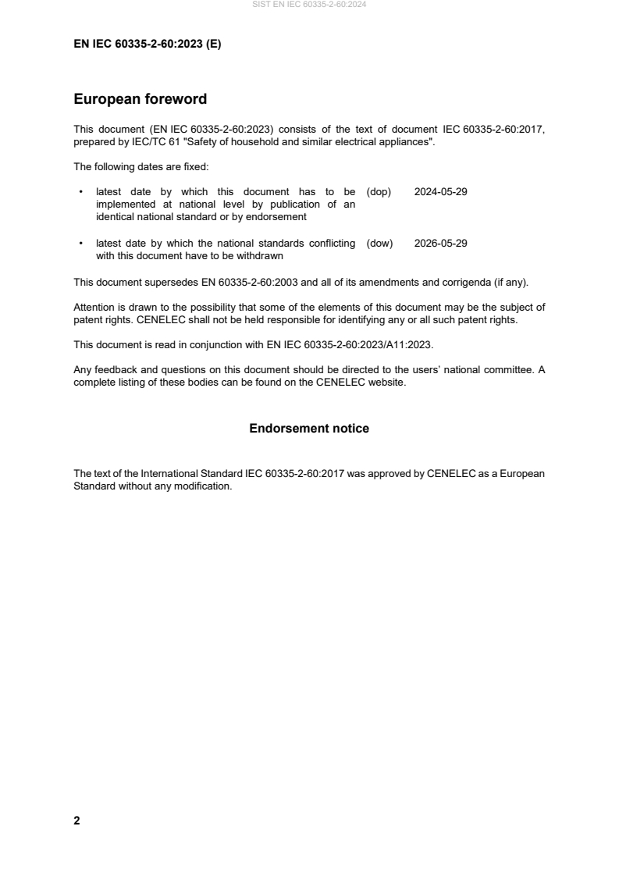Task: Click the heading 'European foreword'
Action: (140, 99)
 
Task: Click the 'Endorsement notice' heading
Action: (309, 429)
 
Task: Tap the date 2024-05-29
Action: (440, 191)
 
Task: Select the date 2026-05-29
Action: (440, 243)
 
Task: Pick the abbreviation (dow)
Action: (379, 243)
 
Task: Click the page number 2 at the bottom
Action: (76, 821)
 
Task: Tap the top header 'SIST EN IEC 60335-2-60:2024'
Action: (309, 5)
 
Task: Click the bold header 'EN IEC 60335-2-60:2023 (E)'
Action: (147, 45)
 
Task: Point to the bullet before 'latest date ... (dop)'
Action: (82, 191)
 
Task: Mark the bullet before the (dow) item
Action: (82, 243)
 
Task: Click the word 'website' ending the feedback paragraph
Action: (387, 383)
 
